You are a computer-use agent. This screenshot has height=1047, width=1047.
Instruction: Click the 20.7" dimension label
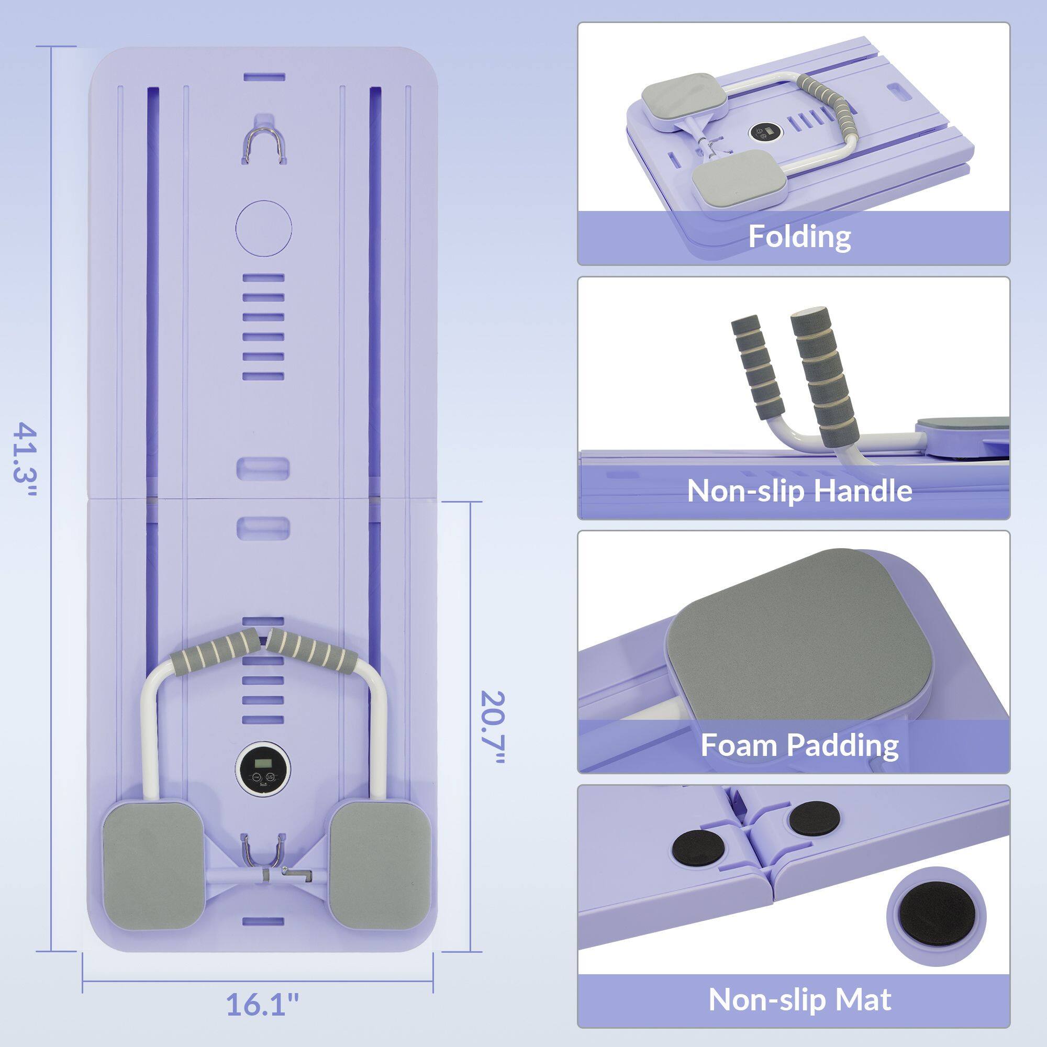(x=492, y=727)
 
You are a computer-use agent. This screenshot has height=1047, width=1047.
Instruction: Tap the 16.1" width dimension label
(x=262, y=1004)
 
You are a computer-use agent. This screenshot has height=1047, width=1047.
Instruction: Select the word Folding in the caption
(x=799, y=237)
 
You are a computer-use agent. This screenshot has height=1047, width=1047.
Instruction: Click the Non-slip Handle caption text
(x=799, y=491)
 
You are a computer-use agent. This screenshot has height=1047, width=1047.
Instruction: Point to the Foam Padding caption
(x=799, y=744)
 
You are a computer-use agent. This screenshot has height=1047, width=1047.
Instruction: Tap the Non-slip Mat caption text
(x=799, y=999)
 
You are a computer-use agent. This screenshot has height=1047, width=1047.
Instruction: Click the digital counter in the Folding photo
(x=765, y=132)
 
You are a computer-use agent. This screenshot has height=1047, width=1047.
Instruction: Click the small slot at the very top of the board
(x=264, y=77)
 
